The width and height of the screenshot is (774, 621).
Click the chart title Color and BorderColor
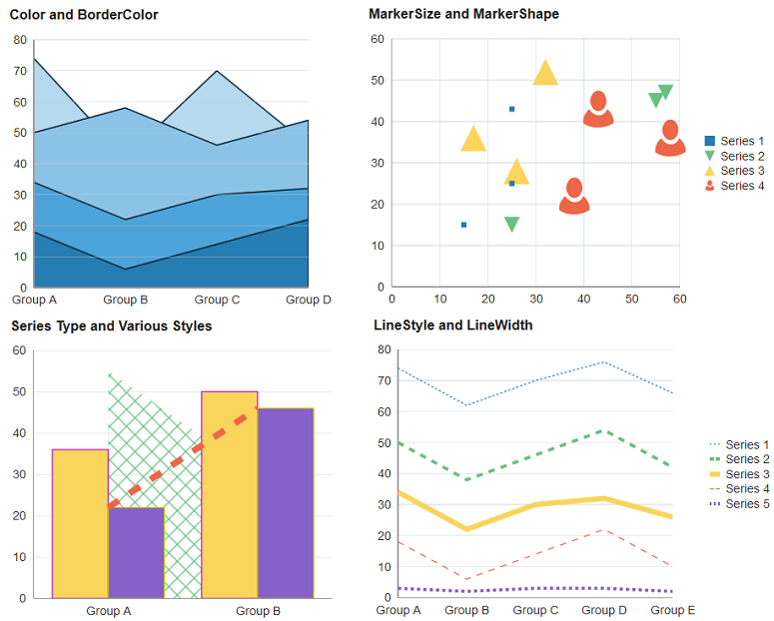(x=84, y=15)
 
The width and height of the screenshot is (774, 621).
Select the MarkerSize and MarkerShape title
(x=463, y=14)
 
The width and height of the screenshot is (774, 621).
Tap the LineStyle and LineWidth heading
(x=452, y=324)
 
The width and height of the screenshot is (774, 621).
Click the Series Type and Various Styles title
(x=111, y=325)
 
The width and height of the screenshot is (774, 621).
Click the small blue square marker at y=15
(x=463, y=225)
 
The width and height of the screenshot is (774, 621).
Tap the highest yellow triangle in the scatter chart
(x=545, y=74)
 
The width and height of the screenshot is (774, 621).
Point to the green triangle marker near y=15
(x=511, y=225)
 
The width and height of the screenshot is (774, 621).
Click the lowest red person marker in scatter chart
(x=574, y=197)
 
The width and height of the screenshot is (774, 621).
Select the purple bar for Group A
(x=136, y=552)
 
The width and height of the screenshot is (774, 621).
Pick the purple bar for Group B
(x=286, y=502)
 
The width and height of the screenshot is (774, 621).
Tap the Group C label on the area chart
(x=217, y=300)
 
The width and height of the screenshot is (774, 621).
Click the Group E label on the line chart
(x=672, y=610)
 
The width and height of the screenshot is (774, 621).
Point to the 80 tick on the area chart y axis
(x=19, y=40)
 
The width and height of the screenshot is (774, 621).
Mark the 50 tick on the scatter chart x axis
(x=631, y=299)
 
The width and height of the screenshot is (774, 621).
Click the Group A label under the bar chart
(x=109, y=611)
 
